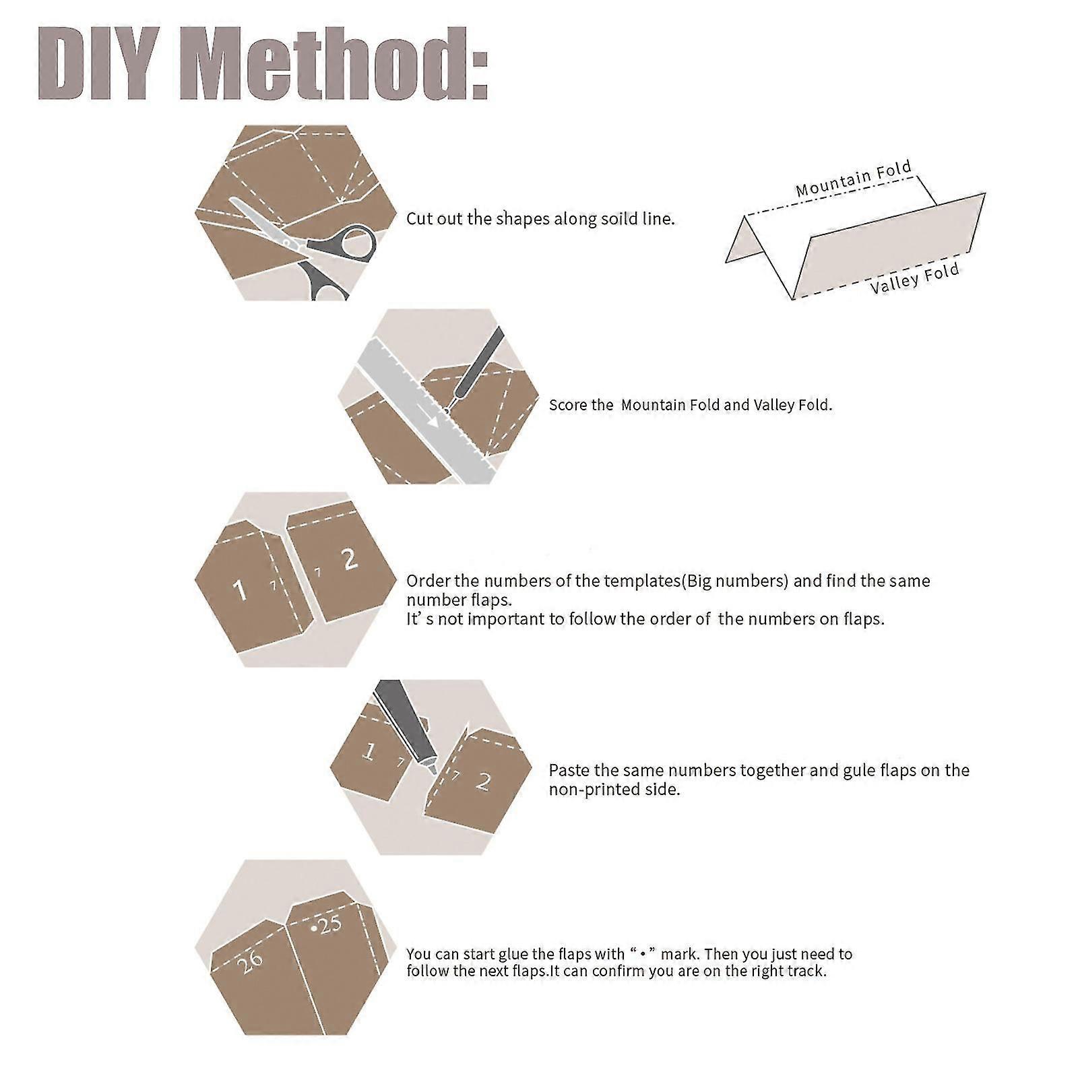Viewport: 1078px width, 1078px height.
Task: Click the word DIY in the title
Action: point(102,65)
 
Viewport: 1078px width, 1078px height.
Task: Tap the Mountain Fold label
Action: point(854,179)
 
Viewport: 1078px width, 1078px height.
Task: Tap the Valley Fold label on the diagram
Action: point(915,279)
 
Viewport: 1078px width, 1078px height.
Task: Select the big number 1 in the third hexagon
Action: point(239,590)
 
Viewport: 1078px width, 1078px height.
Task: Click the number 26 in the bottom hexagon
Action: point(251,961)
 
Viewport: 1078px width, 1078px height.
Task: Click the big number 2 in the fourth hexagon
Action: point(483,781)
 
